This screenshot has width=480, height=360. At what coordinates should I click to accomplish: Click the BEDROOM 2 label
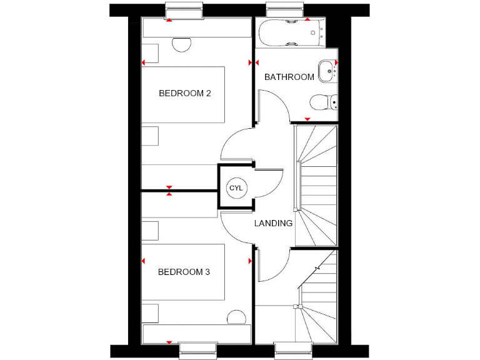(x=185, y=94)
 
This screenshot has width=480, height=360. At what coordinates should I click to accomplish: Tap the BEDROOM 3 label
(x=184, y=272)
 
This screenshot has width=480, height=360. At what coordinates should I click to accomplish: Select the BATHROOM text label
(x=289, y=77)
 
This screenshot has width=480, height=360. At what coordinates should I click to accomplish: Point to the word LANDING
(x=273, y=223)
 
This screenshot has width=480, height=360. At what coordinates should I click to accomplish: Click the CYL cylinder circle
(x=236, y=188)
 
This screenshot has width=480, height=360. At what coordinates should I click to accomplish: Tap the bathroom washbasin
(x=326, y=71)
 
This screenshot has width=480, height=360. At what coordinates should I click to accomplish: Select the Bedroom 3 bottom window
(x=198, y=351)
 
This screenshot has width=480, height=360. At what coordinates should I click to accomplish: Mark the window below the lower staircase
(x=292, y=351)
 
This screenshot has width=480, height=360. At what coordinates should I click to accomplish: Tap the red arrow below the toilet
(x=307, y=119)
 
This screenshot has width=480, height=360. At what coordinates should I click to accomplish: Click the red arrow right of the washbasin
(x=336, y=62)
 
